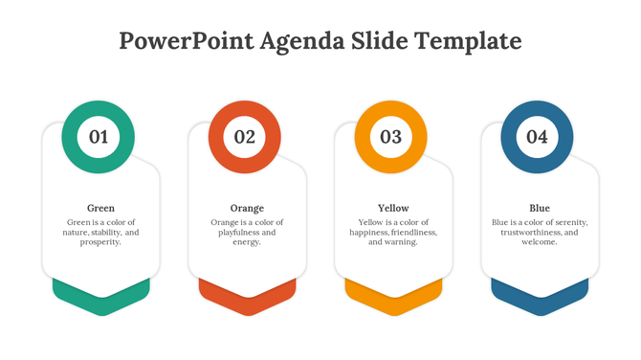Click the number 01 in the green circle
tap(99, 137)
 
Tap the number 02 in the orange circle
tap(245, 137)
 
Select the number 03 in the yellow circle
tap(391, 137)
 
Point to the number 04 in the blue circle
tap(538, 137)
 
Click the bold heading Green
tap(100, 208)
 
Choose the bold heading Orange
tap(247, 208)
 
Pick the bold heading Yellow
tap(393, 208)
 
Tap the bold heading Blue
tap(540, 208)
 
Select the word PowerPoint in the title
tap(181, 41)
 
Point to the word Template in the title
tap(471, 41)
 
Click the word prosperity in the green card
tap(100, 242)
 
